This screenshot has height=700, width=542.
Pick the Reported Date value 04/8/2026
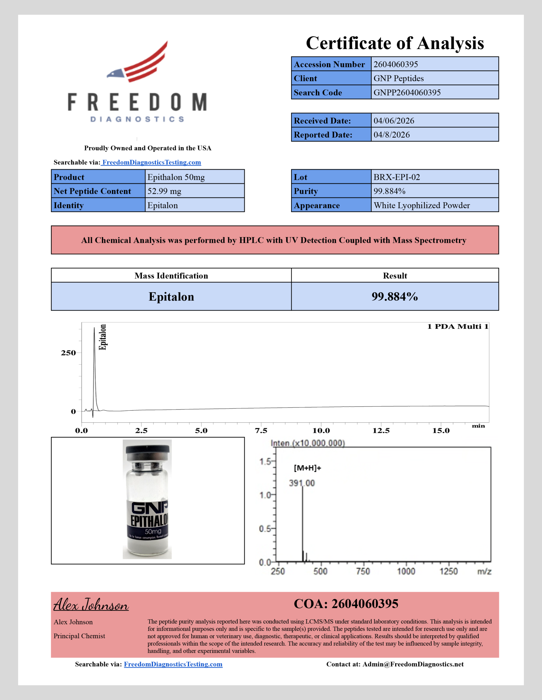pos(391,135)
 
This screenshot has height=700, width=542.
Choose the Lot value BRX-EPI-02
pos(397,177)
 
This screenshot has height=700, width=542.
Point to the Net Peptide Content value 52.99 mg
pos(164,191)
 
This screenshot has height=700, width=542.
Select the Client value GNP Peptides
pos(399,78)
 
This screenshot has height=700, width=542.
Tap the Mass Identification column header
pos(171,276)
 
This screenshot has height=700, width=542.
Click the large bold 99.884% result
pos(395,296)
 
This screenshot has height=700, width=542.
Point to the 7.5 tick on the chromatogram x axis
pos(261,430)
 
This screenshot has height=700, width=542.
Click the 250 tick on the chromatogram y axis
pos(68,353)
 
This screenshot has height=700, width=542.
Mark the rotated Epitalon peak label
pos(102,337)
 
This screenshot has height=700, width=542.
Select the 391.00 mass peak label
pos(302,483)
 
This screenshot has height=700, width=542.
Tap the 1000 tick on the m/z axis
pos(406,571)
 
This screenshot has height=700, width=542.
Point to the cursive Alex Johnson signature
pos(91,605)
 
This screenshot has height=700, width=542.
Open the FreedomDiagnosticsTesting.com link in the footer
pos(173,664)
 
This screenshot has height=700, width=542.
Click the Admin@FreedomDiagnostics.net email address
pos(413,664)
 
